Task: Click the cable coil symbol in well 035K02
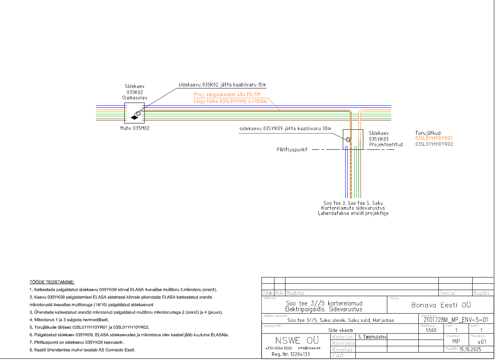coord(139,113)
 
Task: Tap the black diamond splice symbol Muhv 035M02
coord(134,117)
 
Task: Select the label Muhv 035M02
coord(135,128)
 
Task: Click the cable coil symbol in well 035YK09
coord(348,140)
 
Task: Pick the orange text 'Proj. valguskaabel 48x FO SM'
coord(227,95)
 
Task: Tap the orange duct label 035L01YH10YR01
coord(434,138)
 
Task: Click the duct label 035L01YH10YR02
coord(434,144)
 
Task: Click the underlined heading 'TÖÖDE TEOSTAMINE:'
coord(52,282)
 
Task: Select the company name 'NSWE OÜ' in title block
coord(292,340)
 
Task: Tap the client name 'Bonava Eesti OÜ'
coord(441,305)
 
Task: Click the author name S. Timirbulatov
coord(372,337)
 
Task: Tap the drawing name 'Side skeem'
coord(340,330)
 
